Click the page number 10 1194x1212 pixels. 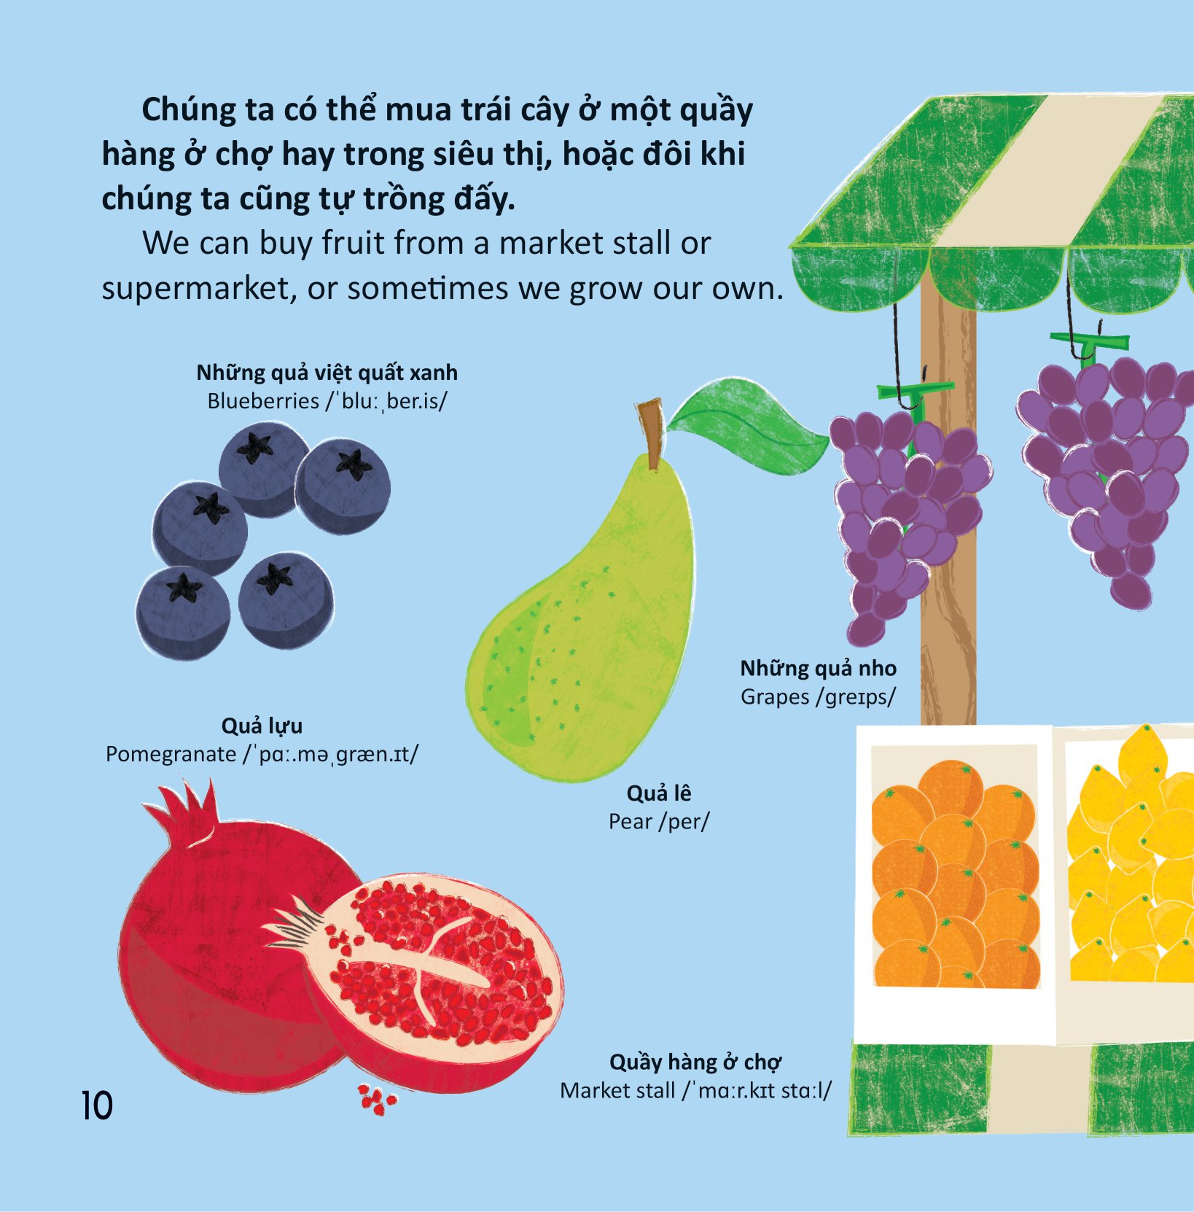click(x=97, y=1106)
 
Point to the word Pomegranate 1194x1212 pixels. click(x=171, y=754)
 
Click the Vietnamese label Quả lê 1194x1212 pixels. click(x=659, y=793)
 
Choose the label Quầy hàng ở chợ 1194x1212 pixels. click(x=695, y=1063)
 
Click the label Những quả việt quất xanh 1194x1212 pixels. click(x=327, y=373)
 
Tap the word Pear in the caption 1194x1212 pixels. click(x=631, y=822)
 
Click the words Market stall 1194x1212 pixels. click(x=617, y=1091)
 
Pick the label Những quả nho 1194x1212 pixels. click(x=818, y=669)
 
